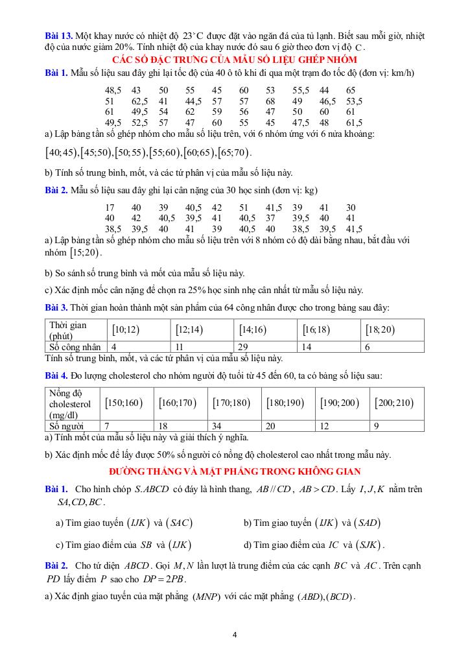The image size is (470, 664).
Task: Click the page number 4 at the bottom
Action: (235, 634)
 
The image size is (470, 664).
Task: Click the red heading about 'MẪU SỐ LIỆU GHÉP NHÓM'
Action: (234, 59)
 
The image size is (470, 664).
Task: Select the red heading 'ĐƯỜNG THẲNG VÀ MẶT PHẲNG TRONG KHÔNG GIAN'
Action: (235, 471)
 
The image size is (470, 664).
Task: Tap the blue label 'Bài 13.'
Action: (59, 36)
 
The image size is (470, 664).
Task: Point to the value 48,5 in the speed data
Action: (113, 90)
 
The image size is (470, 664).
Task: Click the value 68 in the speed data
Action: (270, 101)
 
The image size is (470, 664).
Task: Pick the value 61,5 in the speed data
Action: (354, 122)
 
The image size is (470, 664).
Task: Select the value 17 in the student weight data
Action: (110, 207)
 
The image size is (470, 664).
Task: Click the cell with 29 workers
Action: (244, 347)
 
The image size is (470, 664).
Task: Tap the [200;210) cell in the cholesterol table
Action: (394, 403)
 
